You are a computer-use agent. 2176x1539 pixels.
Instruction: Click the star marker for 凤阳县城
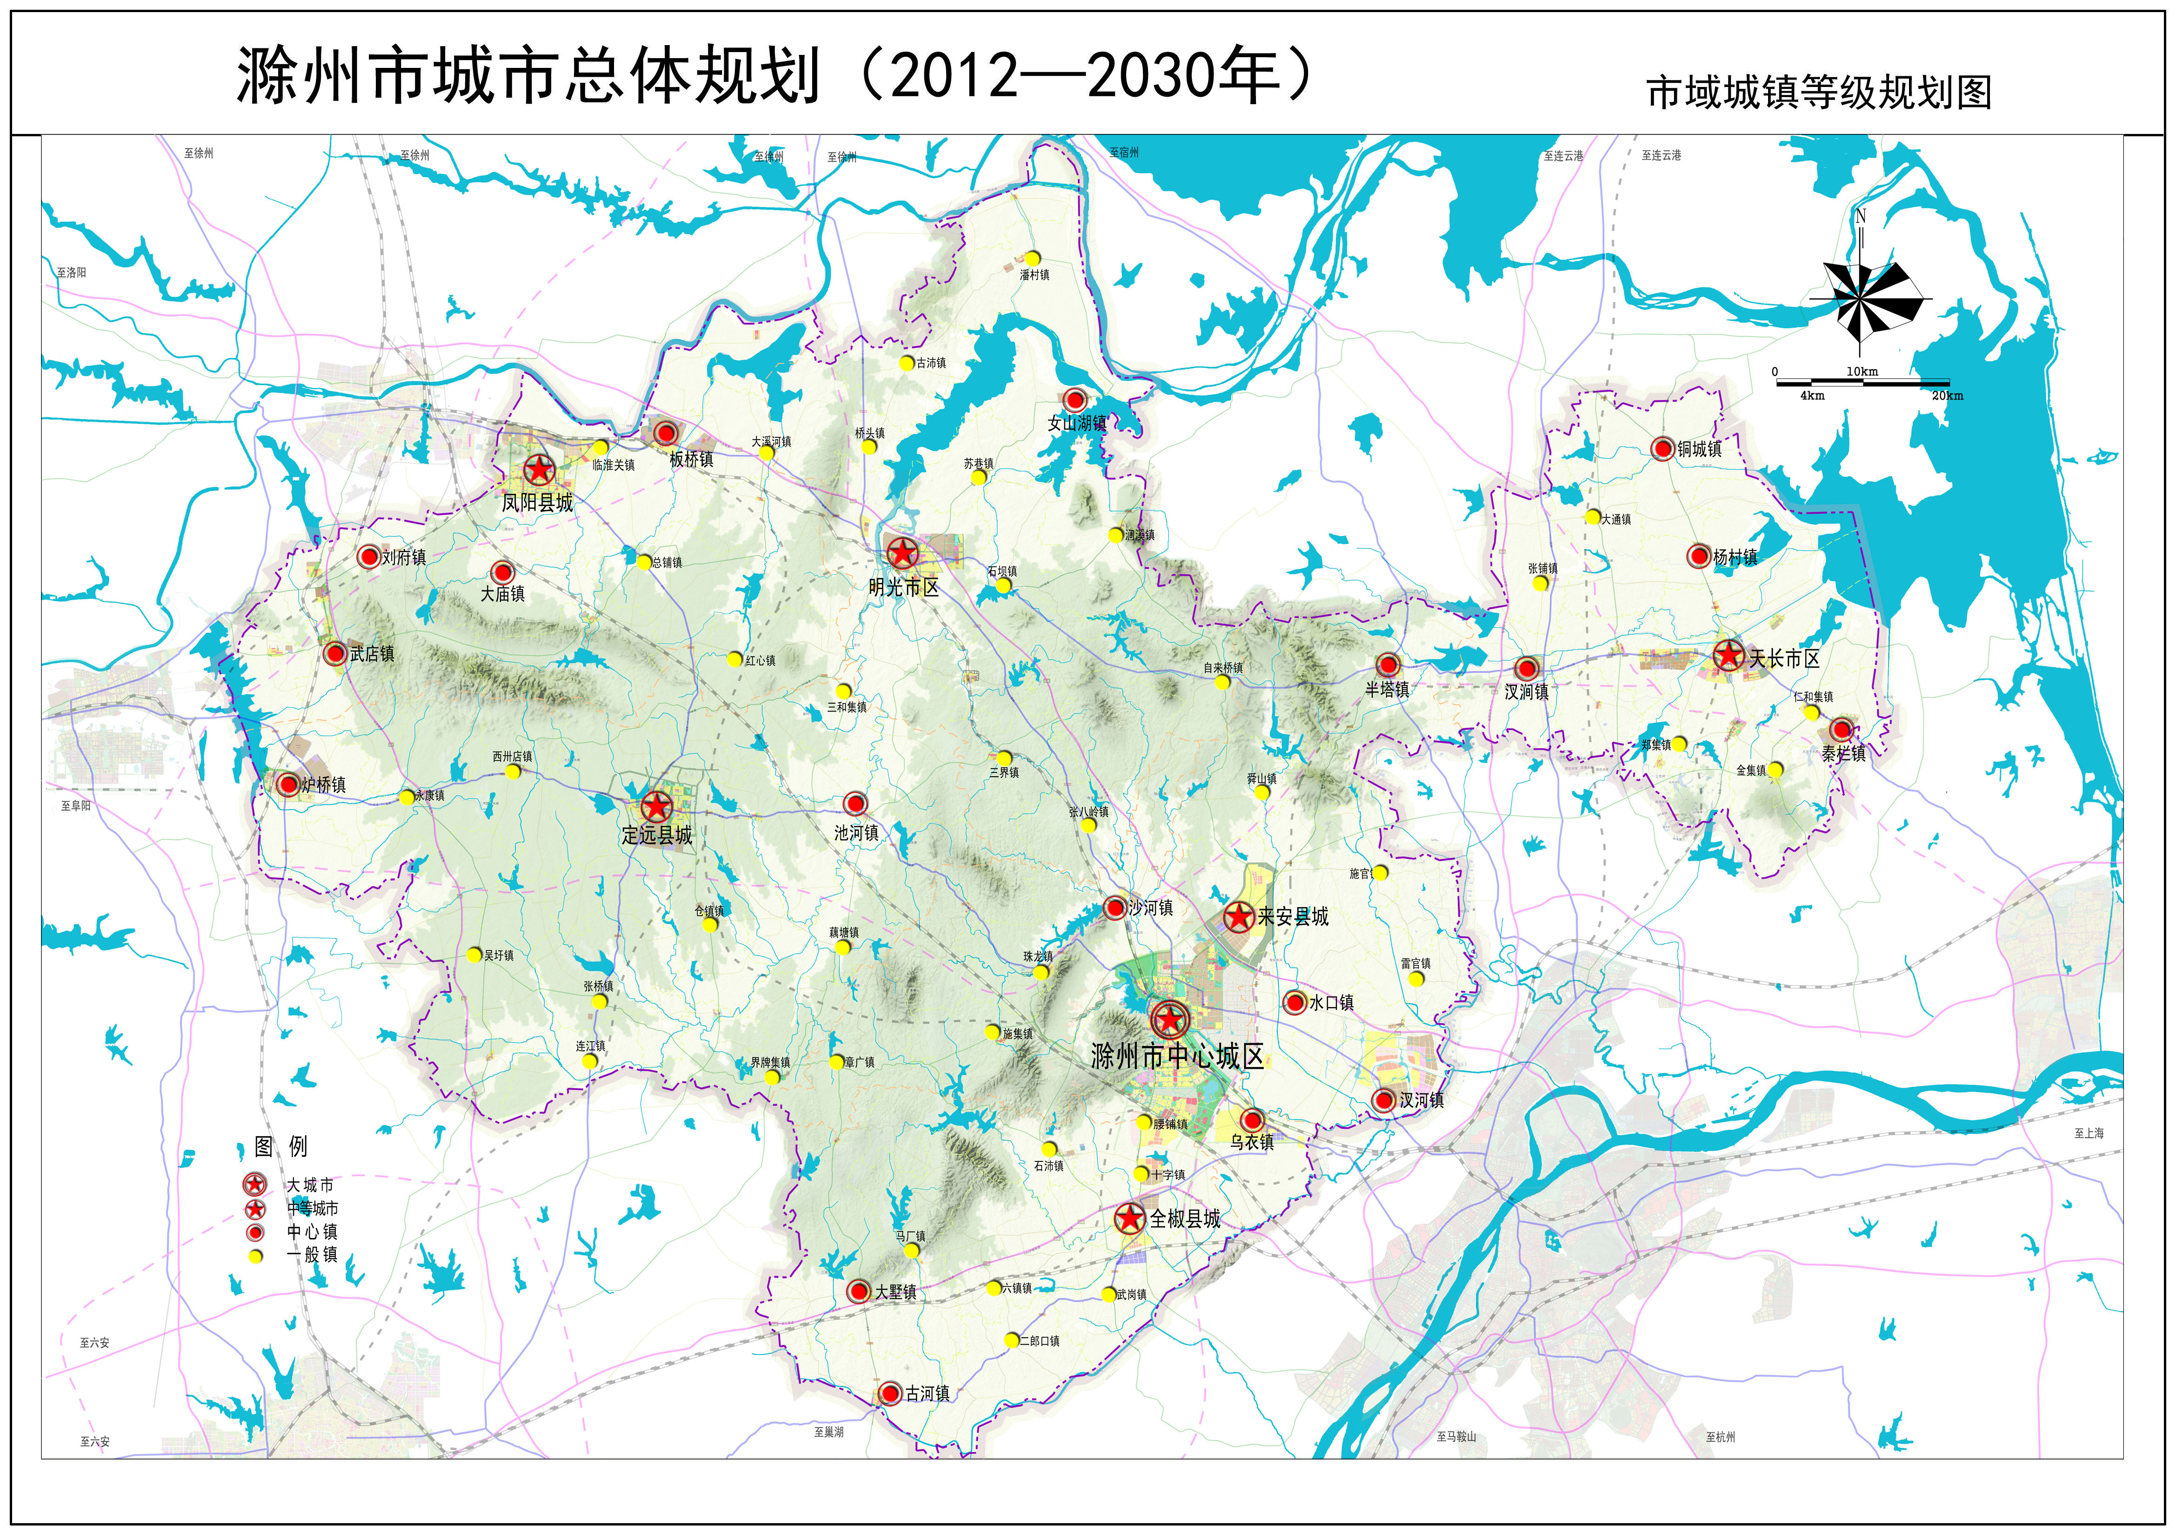tap(538, 469)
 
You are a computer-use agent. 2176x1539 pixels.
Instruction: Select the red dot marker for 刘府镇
tap(369, 556)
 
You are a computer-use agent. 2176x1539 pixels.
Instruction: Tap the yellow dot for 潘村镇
tap(1032, 258)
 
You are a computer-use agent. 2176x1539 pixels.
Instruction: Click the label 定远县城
tap(657, 835)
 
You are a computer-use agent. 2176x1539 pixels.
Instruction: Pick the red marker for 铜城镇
tap(1662, 448)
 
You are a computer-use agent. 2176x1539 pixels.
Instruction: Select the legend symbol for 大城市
tap(254, 1185)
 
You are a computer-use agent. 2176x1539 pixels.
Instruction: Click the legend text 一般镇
tap(312, 1255)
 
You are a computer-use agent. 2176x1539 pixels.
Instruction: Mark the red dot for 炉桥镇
tap(288, 784)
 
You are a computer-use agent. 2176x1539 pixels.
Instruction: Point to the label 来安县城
tap(1293, 916)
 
